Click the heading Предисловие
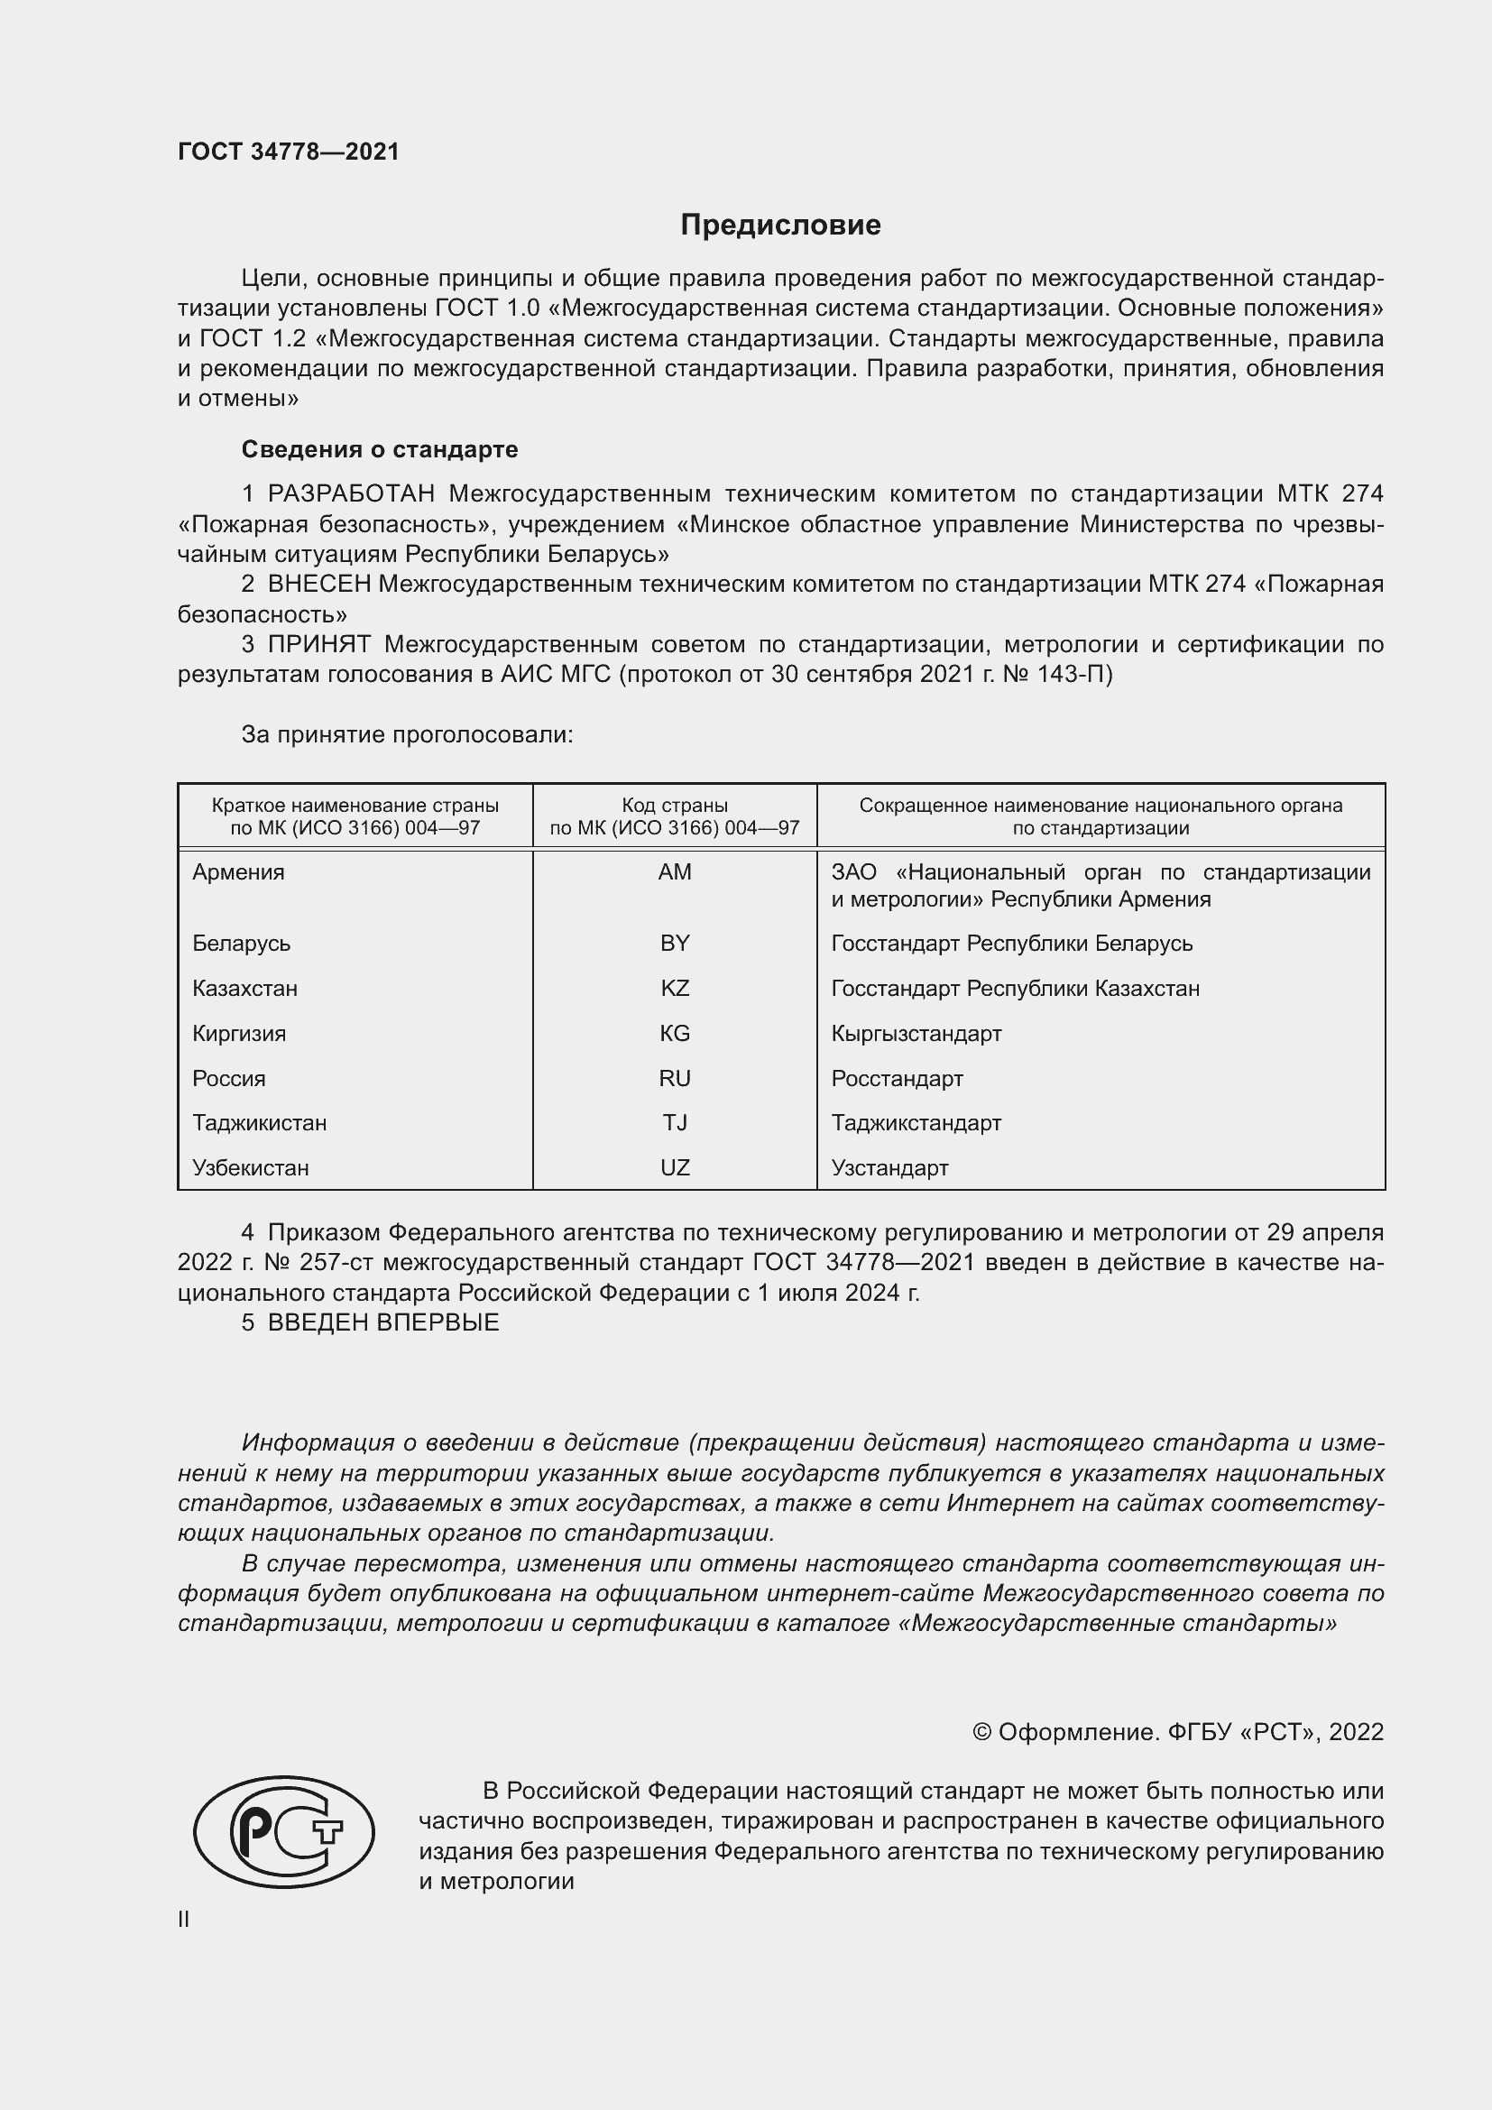point(780,226)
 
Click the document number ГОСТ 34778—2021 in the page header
point(289,152)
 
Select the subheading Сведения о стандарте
point(380,449)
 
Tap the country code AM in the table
point(675,872)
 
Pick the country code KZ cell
point(675,989)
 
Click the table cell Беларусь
point(241,944)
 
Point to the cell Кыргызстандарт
point(916,1034)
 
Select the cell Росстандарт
point(897,1079)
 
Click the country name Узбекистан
point(250,1168)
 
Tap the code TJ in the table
point(675,1123)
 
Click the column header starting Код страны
point(675,816)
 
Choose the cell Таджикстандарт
point(916,1123)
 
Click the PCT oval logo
point(284,1831)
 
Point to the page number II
point(184,1919)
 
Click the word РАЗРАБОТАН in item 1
point(351,494)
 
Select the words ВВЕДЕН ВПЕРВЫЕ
point(383,1322)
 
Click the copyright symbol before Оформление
point(981,1732)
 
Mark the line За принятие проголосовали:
point(407,734)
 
